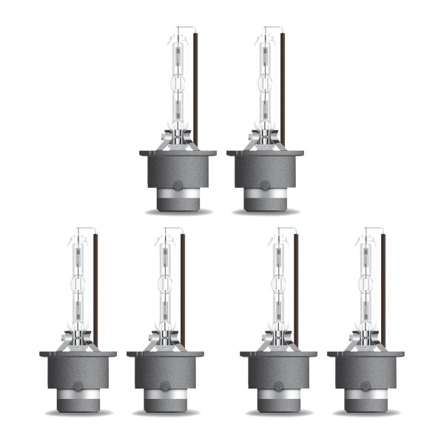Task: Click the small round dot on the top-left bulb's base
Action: click(178, 186)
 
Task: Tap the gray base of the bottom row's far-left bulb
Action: click(78, 370)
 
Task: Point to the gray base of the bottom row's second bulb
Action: click(165, 370)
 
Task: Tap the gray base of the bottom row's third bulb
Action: click(279, 370)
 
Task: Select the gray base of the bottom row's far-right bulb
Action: click(366, 370)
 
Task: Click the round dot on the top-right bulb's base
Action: click(265, 186)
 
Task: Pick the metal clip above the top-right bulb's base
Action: click(265, 137)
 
